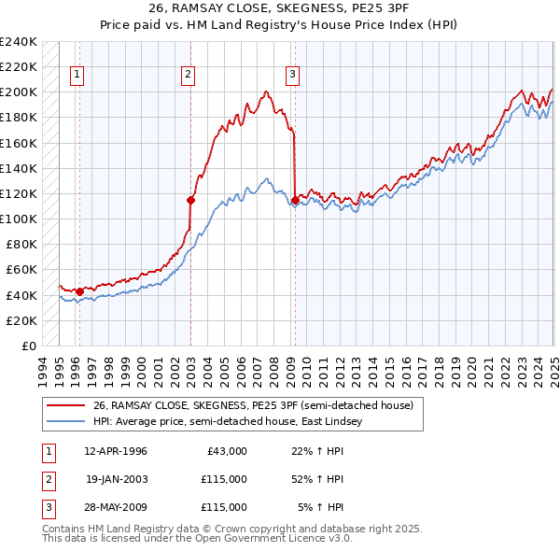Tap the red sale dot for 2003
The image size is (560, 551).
[x=190, y=199]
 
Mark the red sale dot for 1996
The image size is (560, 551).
[x=79, y=291]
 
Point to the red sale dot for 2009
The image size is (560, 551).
[x=295, y=199]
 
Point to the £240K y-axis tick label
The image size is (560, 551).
[x=19, y=42]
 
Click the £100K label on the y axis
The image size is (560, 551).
[x=19, y=219]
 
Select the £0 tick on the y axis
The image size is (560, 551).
[x=28, y=346]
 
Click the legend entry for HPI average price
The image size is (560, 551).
[x=233, y=422]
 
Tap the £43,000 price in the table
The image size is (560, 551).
[x=224, y=451]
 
